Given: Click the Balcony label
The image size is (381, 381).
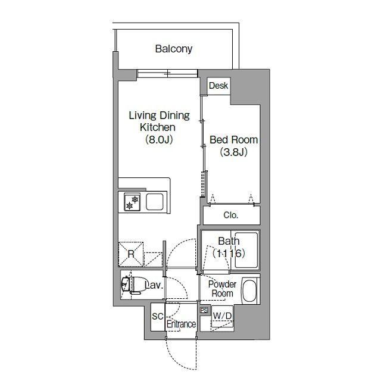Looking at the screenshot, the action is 174,49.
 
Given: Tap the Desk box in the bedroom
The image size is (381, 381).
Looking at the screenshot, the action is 218,86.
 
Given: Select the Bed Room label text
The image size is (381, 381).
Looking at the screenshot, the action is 234,140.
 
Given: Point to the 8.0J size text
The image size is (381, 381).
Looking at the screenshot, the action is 159,139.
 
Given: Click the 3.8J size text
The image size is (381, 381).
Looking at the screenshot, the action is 234,152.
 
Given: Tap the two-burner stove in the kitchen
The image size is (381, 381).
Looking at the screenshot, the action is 132,202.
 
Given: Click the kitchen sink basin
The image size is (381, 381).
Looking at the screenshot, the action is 155,202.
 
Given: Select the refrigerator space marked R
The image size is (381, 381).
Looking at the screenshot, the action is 131,254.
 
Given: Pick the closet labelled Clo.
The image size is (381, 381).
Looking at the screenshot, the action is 232,215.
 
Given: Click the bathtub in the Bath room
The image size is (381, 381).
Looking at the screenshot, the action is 246,250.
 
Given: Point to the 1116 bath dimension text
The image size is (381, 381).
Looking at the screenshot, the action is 229,254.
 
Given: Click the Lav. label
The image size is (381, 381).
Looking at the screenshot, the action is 154,285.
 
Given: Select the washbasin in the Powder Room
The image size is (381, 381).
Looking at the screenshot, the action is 249,291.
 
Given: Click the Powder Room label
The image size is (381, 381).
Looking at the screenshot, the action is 222,289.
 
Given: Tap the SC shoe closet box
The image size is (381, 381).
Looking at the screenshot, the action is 158,317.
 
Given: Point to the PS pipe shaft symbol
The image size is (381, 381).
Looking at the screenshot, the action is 204,310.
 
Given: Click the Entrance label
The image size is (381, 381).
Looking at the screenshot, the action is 181,324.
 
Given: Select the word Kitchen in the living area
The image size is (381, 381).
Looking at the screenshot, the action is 157,127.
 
